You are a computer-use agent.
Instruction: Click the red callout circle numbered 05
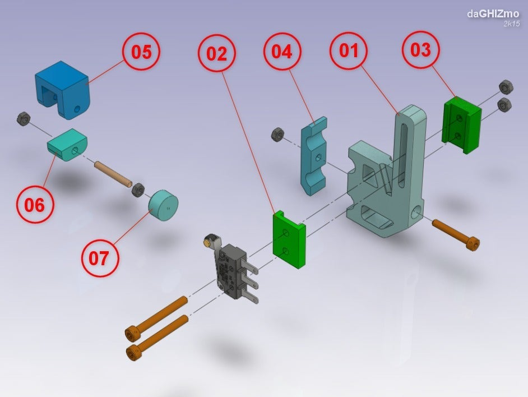tap(141, 52)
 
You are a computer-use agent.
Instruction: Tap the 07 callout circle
tap(100, 258)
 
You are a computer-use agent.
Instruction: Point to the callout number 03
tap(420, 50)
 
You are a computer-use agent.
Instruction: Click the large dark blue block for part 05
tap(61, 89)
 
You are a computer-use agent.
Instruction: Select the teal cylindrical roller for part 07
tap(161, 205)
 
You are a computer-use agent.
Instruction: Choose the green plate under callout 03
tap(462, 125)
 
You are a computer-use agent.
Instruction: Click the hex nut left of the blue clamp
tap(276, 135)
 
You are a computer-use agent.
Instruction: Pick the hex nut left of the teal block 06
tap(24, 118)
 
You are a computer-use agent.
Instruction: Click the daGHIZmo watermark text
tap(493, 13)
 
